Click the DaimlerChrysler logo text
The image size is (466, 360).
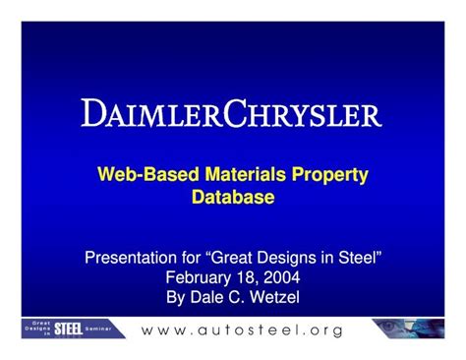tap(232, 114)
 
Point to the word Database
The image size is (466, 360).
tap(233, 198)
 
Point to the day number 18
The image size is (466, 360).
tap(246, 277)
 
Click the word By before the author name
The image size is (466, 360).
tap(179, 297)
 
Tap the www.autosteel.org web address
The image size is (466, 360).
tap(243, 330)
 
